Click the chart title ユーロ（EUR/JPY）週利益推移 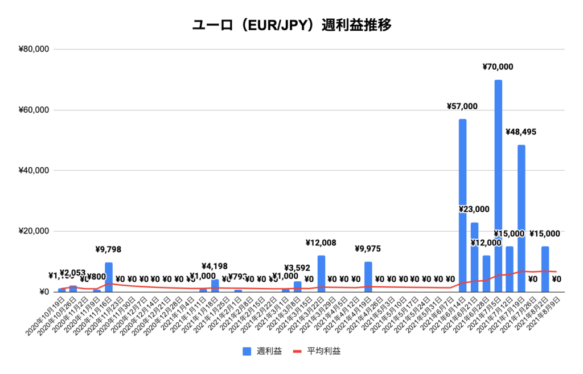point(291,26)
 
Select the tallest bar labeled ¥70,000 point(498,188)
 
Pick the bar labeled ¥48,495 point(522,219)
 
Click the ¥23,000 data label point(474,209)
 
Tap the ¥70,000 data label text point(498,67)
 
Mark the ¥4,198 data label point(215,266)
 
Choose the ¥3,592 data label point(297,268)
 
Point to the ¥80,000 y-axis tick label point(34,50)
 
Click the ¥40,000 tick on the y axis point(34,171)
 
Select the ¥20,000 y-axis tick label point(34,232)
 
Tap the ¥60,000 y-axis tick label point(34,110)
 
